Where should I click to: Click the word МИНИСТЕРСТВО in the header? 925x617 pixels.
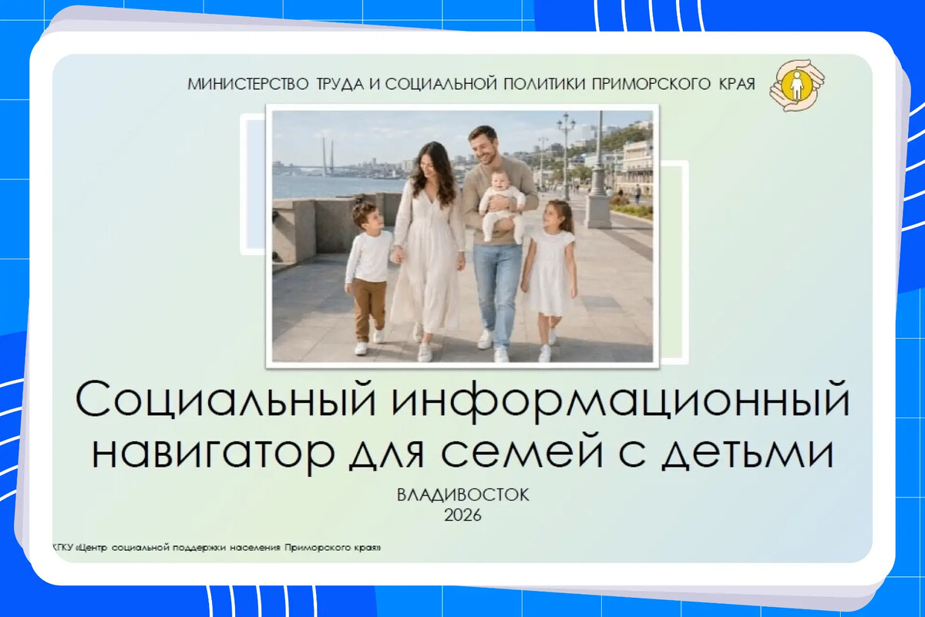tap(248, 84)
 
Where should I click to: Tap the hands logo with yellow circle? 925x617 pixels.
tap(796, 85)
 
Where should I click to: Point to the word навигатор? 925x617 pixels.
tap(213, 452)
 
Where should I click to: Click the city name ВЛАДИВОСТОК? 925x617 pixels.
tap(463, 495)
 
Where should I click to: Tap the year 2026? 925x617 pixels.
tap(463, 515)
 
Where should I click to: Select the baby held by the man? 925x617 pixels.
tap(501, 204)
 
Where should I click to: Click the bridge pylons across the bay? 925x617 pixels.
tap(328, 157)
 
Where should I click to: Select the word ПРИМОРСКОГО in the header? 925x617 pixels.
tap(651, 84)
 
